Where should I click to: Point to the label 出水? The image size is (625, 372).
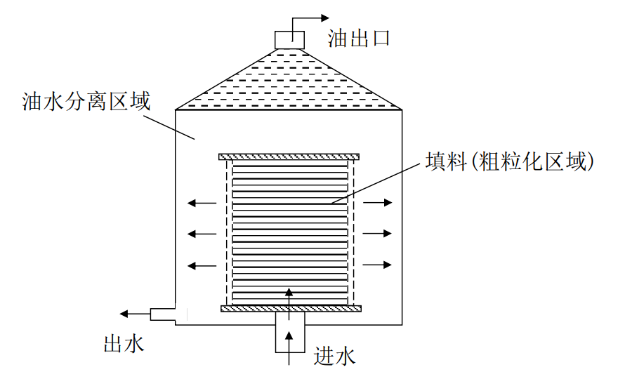coord(124,343)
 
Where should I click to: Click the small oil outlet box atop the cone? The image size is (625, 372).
coord(287,39)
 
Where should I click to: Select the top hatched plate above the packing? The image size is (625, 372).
coord(289,156)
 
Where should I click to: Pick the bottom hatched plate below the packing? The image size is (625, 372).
coord(290,308)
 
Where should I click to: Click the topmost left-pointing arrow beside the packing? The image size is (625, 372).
coord(202,204)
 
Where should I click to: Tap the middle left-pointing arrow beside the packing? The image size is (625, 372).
coord(202,233)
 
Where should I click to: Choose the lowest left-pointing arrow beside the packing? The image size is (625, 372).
coord(202,265)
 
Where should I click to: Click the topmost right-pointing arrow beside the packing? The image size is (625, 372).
coord(378,203)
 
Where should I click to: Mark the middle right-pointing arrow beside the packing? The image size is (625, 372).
coord(378,233)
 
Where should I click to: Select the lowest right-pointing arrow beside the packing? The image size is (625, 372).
coord(378,265)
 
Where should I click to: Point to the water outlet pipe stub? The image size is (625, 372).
coord(164,314)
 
